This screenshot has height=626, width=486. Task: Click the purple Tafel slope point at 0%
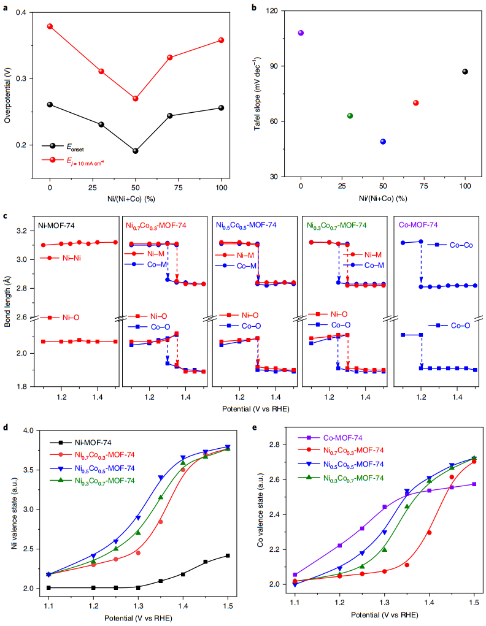(301, 33)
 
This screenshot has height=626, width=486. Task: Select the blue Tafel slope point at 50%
(383, 142)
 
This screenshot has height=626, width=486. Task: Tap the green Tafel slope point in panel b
(350, 116)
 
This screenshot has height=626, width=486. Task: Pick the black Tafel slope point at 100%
(465, 72)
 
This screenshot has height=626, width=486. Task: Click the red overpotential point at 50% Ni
(136, 99)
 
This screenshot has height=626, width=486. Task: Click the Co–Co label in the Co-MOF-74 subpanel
(461, 245)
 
